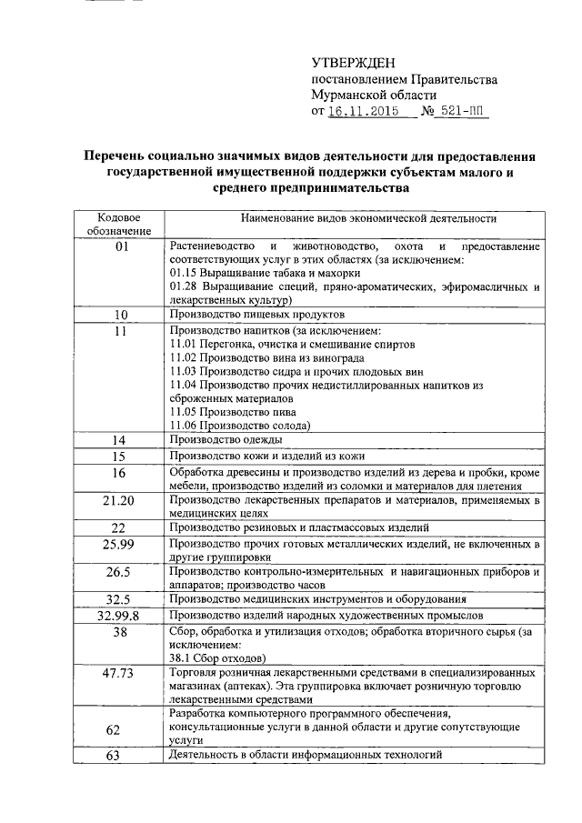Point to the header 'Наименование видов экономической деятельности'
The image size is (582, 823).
point(356,218)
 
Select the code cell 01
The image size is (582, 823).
point(118,246)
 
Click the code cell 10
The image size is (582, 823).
point(118,315)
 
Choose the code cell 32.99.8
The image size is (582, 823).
point(118,617)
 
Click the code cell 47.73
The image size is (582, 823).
point(118,673)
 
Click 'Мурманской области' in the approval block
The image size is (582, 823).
point(374,95)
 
